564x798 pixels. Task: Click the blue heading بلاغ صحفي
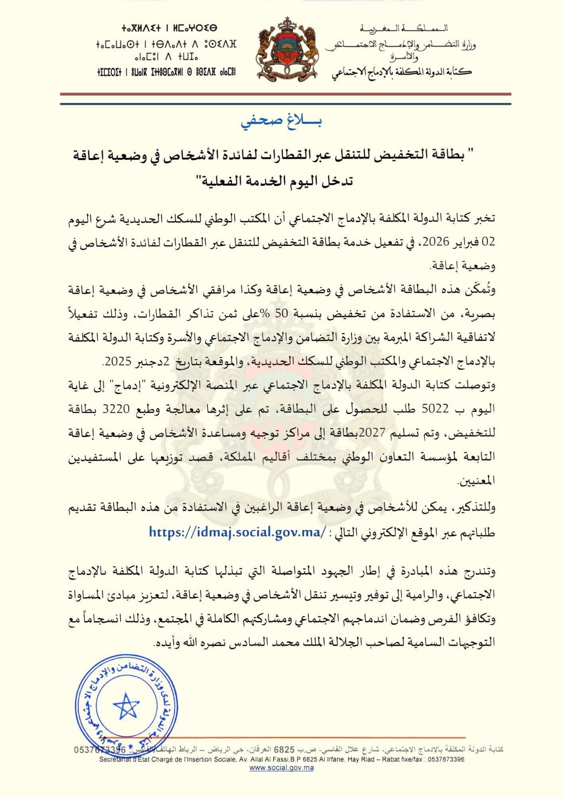(x=281, y=121)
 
